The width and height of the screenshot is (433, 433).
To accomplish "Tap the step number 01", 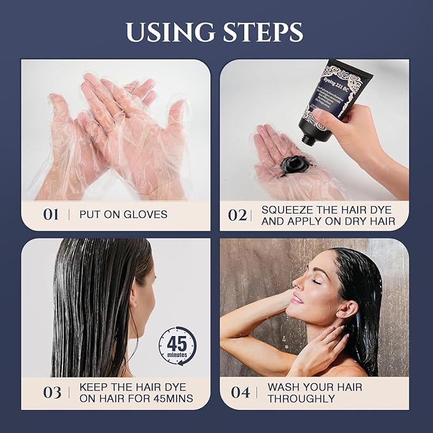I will point(51,215).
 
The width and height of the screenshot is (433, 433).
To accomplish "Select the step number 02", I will point(237,215).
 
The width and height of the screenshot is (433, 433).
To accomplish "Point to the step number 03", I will point(52,393).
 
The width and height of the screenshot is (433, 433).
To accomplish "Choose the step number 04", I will point(240,393).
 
